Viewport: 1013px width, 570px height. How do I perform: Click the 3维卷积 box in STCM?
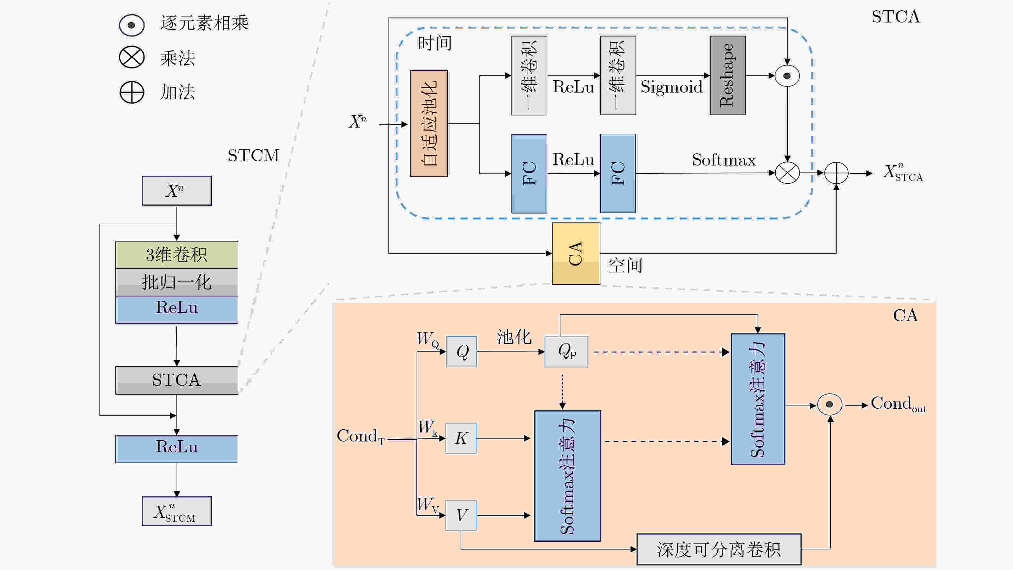[177, 254]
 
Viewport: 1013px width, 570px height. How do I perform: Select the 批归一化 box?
[177, 282]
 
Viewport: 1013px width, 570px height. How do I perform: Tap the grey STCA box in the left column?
[177, 380]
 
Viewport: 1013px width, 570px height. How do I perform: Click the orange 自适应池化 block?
[429, 123]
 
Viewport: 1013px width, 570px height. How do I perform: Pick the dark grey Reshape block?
[727, 76]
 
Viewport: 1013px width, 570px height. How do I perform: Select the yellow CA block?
[576, 254]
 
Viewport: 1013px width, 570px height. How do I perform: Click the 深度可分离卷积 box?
[719, 549]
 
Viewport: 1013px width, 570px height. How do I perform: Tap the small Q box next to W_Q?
[461, 352]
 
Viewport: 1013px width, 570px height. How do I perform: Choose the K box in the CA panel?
[461, 438]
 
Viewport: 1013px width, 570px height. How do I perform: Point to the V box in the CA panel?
[461, 515]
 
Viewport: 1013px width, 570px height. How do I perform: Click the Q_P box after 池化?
[566, 352]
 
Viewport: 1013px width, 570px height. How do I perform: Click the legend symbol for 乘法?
[132, 58]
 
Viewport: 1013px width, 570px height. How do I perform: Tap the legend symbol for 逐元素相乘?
[132, 25]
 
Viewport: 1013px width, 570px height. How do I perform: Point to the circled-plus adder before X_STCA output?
[836, 173]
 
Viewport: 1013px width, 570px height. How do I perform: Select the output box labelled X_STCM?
[177, 511]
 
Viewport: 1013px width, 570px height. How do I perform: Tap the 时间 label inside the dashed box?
[434, 43]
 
